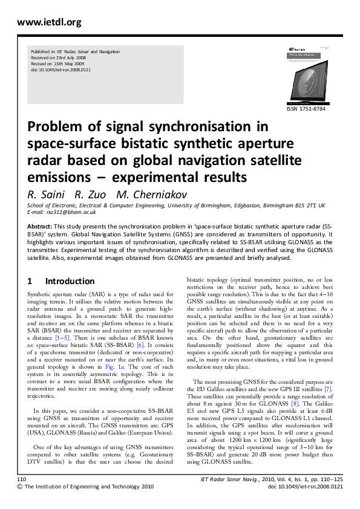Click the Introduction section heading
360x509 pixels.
pyautogui.click(x=70, y=281)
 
